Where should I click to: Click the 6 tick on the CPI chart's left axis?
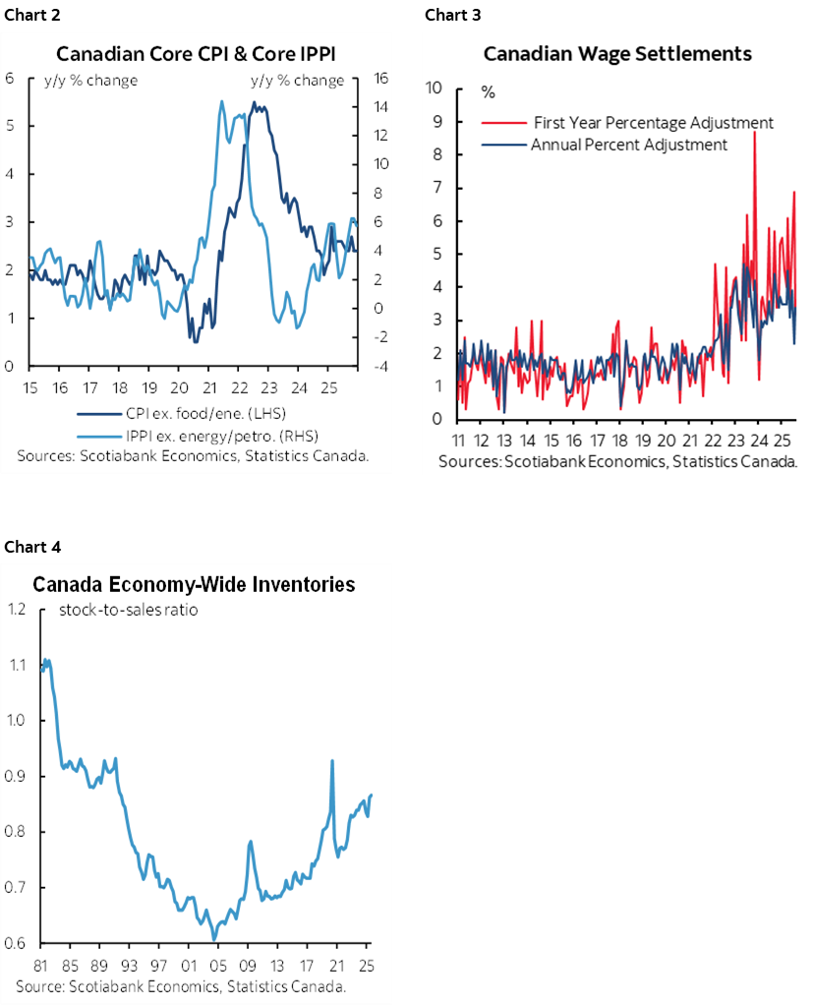pos(9,79)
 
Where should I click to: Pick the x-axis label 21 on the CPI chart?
pos(209,385)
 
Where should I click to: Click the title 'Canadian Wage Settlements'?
pos(617,53)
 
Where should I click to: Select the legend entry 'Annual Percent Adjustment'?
pos(628,145)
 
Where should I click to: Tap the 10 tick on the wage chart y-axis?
pos(435,89)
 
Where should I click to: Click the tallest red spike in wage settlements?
pos(754,132)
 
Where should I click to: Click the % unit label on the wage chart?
pos(489,92)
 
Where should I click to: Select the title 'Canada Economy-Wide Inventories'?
pos(194,585)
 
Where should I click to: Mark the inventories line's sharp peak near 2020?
pos(332,760)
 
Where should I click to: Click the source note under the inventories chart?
pos(180,985)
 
